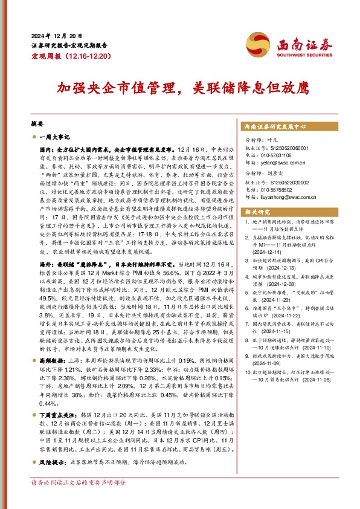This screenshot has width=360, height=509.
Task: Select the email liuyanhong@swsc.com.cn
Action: coord(289,196)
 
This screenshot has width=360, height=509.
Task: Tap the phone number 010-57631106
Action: coord(277,155)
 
